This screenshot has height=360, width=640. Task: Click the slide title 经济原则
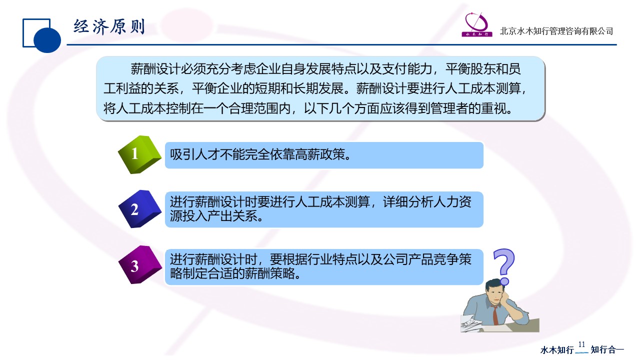click(x=109, y=27)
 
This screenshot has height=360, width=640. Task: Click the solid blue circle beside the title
click(x=47, y=39)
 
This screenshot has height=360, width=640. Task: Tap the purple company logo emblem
click(x=476, y=24)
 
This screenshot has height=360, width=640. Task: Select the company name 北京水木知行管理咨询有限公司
click(x=556, y=31)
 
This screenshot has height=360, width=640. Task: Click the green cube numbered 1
click(x=139, y=154)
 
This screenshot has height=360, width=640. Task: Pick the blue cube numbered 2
click(x=139, y=209)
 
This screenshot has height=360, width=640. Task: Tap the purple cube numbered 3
click(x=139, y=265)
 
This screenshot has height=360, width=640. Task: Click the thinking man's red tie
click(x=495, y=315)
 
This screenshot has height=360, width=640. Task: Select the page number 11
click(x=581, y=344)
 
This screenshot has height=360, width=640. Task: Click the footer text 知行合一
click(x=607, y=349)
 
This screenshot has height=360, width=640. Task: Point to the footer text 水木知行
click(x=557, y=349)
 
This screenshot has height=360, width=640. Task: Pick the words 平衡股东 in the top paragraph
click(x=470, y=69)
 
